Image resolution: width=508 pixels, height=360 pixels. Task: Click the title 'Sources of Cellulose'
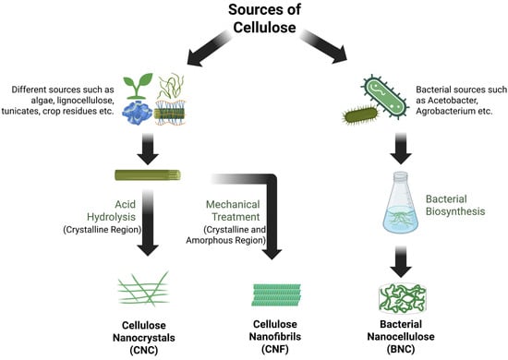coord(253,18)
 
